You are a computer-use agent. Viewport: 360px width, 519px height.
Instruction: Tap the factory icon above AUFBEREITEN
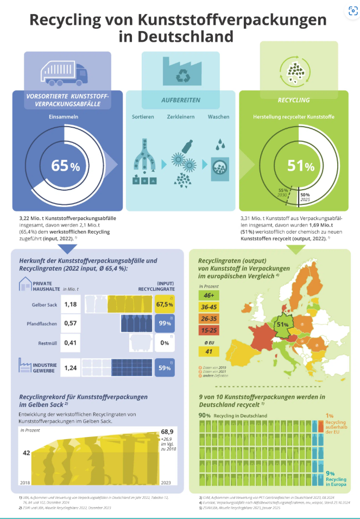coord(180,73)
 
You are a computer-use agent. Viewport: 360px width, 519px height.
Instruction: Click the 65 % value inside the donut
coord(65,166)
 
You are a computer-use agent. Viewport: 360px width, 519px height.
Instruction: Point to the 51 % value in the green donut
coord(300,166)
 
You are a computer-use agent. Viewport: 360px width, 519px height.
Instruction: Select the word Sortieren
coord(143,117)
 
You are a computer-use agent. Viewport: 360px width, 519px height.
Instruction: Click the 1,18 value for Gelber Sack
coord(71,304)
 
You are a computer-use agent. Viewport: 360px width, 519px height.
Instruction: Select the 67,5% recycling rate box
coord(165,305)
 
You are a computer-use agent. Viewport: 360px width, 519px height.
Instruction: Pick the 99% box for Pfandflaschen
coord(165,324)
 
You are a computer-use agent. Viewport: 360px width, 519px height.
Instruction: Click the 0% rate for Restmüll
coord(165,343)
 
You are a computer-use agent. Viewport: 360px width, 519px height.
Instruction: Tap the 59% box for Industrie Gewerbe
coord(165,368)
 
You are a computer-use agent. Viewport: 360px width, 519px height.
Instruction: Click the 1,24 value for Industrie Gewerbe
coord(71,368)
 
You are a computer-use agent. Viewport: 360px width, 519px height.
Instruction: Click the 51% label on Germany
coord(283,324)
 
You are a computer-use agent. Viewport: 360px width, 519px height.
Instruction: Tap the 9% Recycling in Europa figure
coord(330,473)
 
